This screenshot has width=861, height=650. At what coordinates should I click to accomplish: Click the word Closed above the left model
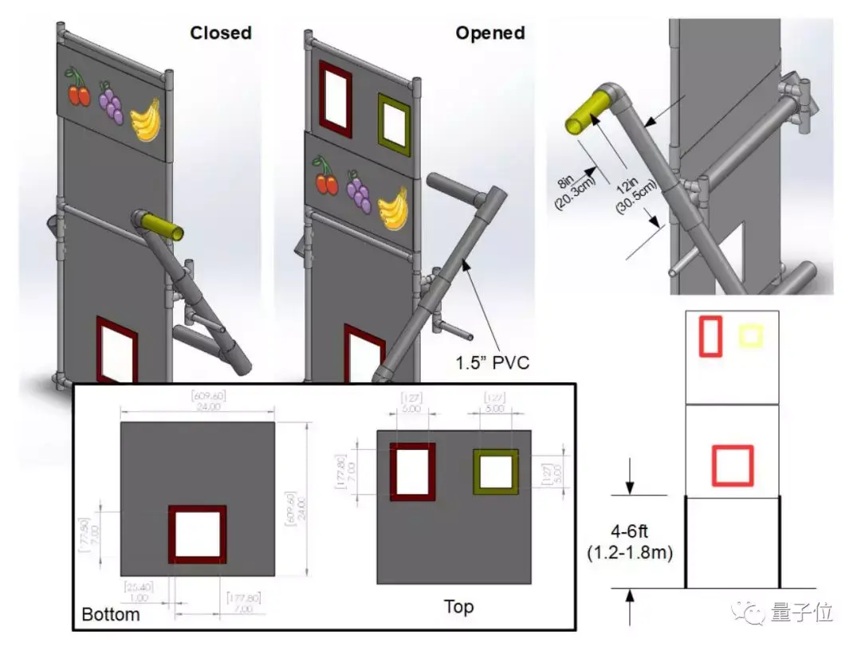[x=220, y=33]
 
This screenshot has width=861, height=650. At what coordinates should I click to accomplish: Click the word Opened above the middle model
[x=489, y=33]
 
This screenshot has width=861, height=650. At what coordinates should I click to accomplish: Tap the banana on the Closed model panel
[x=146, y=119]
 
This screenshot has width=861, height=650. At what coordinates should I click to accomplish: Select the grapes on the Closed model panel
[x=111, y=104]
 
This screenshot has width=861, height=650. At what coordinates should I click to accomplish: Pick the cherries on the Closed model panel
[x=77, y=88]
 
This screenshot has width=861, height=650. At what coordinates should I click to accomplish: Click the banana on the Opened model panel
[x=392, y=207]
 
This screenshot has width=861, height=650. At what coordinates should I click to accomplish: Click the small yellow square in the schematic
[x=750, y=335]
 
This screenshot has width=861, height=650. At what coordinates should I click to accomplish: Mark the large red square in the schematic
[x=732, y=465]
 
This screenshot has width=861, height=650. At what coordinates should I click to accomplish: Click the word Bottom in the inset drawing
[x=111, y=614]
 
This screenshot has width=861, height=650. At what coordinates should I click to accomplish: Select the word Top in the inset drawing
[x=458, y=607]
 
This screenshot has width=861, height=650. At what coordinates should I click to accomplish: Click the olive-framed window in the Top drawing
[x=495, y=472]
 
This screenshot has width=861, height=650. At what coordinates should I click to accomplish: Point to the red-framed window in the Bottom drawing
[x=197, y=534]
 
